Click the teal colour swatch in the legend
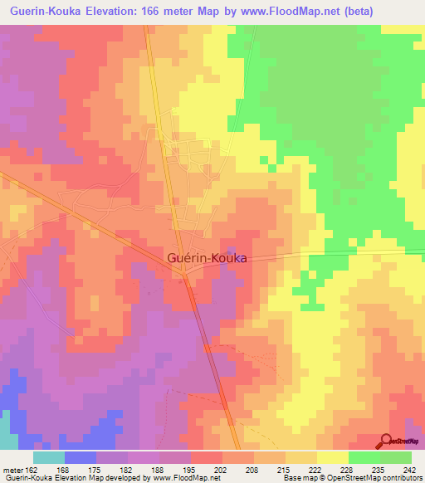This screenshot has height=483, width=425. [49, 456]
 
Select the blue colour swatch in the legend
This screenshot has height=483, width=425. [81, 456]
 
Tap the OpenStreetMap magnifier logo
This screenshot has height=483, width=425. [387, 441]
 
